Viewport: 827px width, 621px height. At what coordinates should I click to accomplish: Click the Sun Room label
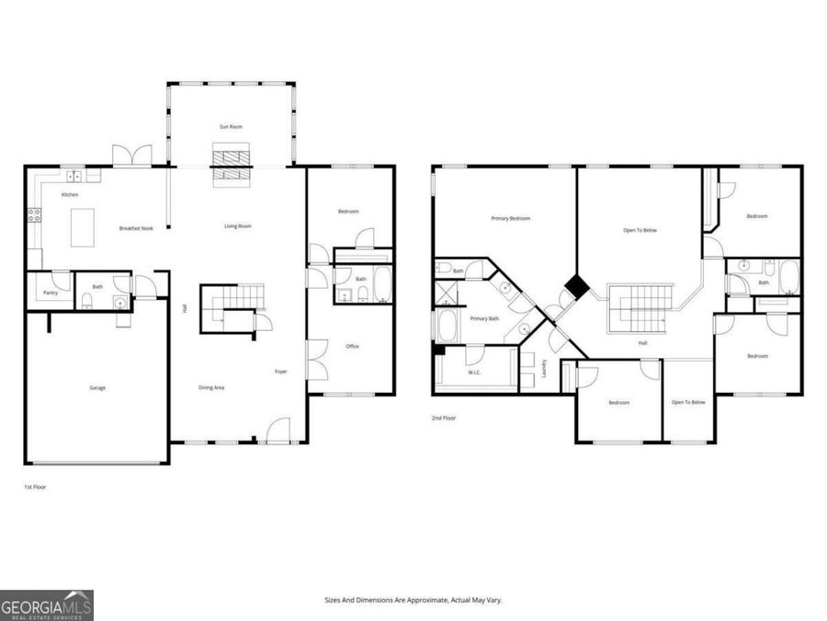(231, 126)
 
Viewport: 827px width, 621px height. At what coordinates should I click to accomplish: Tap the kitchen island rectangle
(84, 226)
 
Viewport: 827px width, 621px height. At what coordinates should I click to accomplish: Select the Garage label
(97, 387)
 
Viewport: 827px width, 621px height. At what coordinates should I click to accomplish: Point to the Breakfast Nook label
(133, 227)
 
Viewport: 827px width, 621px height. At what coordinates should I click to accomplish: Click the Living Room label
(238, 226)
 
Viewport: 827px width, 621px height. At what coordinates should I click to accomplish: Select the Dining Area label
(212, 387)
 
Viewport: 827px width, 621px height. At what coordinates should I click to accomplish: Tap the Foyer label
(281, 372)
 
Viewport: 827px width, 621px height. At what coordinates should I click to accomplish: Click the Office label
(352, 346)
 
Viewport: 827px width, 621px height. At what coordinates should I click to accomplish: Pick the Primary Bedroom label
(511, 218)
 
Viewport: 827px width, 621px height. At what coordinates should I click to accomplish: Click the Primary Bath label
(484, 318)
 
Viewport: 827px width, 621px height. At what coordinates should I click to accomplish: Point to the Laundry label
(544, 367)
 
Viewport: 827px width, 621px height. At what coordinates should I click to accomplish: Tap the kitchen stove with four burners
(35, 215)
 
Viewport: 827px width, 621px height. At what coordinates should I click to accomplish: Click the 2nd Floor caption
(444, 418)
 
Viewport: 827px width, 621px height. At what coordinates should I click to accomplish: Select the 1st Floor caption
(35, 487)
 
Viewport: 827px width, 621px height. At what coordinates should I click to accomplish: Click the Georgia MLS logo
(46, 605)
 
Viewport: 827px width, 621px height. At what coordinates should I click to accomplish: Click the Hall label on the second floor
(643, 343)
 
